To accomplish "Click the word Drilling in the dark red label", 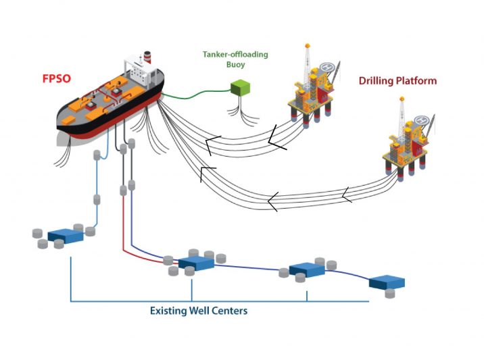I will (377, 80).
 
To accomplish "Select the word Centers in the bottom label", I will (229, 311).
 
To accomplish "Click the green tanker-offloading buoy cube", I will (240, 88).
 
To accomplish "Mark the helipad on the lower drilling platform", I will (424, 120).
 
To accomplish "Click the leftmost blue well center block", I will (66, 235).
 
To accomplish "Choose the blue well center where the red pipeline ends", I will (196, 263).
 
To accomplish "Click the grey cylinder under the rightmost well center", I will (389, 293).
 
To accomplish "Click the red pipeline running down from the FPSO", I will (124, 223).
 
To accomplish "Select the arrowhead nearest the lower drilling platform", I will (346, 195).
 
